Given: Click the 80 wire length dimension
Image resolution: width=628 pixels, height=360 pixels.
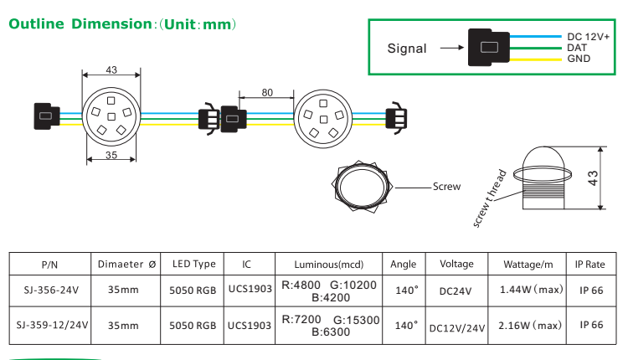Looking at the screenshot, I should (266, 93).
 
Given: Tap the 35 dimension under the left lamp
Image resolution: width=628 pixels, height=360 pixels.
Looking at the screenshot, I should (111, 155).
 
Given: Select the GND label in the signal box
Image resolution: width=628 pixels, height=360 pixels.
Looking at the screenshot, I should (579, 59).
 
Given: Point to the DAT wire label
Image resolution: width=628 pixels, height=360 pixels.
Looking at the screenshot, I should (577, 49).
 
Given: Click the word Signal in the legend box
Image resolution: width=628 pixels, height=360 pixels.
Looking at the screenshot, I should (406, 49).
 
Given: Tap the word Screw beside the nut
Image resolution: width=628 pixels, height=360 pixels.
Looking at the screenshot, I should (446, 187).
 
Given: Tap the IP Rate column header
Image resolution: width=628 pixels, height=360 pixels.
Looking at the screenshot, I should (590, 265).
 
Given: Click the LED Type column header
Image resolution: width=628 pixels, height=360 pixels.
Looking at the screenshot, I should (193, 265).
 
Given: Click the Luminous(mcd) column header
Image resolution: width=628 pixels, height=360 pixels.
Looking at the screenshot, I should (330, 265).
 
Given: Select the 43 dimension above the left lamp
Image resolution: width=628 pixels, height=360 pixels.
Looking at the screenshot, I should (111, 70).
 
